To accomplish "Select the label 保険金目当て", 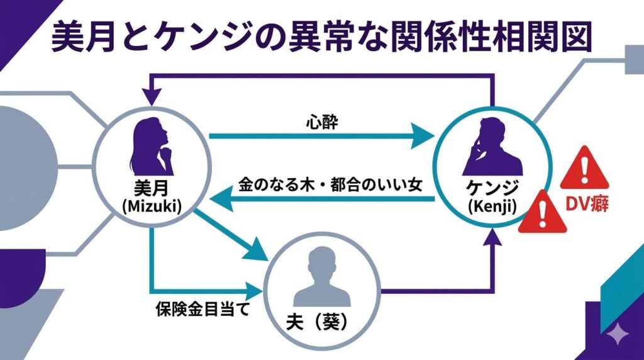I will [x=199, y=310].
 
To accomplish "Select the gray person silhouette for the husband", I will [x=323, y=277].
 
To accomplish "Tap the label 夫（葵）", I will [x=322, y=325].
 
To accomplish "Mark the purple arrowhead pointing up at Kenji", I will [x=493, y=236].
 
